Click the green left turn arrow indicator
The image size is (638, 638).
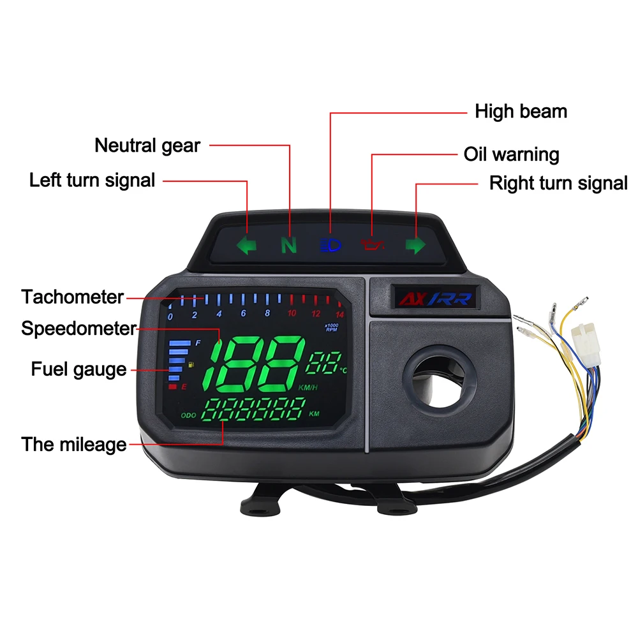(x=246, y=245)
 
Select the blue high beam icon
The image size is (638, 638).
(x=330, y=245)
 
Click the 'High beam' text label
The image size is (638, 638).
(x=521, y=112)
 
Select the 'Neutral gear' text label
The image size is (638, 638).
(x=147, y=145)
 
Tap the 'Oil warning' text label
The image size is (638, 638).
(x=511, y=154)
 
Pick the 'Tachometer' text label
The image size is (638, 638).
(x=72, y=297)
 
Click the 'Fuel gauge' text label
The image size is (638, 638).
(x=78, y=369)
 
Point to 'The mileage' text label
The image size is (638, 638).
(x=74, y=444)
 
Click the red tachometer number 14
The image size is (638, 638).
(x=339, y=314)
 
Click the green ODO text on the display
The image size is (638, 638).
(x=188, y=415)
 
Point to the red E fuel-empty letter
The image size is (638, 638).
(x=184, y=387)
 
